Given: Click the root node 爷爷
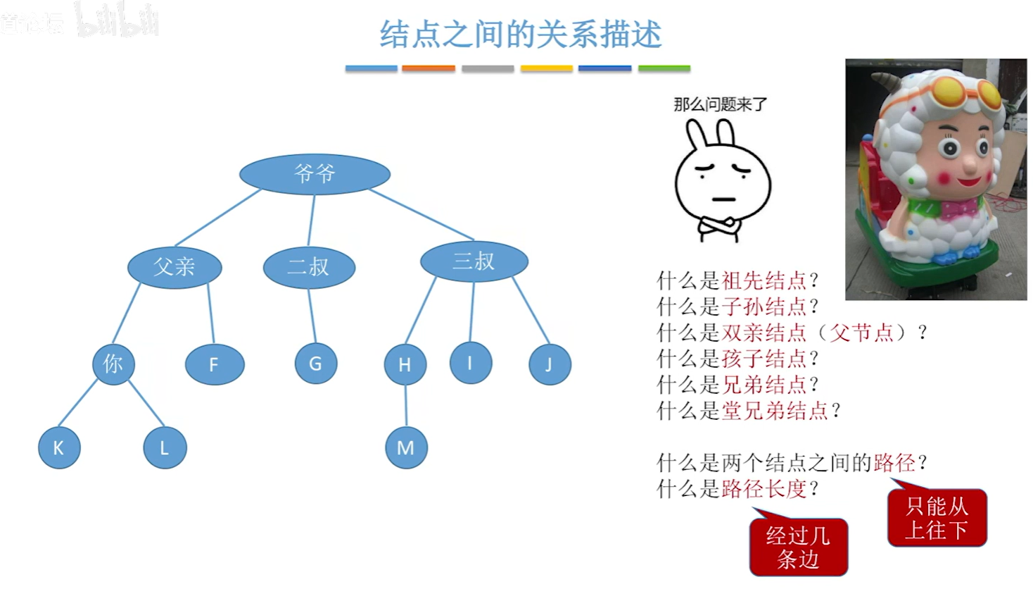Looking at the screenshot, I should [x=315, y=173].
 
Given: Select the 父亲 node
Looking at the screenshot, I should [x=175, y=266].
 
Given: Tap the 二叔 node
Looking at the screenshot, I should [x=309, y=267].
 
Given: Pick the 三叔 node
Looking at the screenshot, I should [x=474, y=261].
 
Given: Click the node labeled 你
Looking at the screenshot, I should [x=113, y=364].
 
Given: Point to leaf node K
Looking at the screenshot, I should [x=59, y=447].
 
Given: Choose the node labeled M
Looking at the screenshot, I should [x=406, y=448].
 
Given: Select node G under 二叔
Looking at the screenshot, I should [x=315, y=364].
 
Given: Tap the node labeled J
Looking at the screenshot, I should [x=549, y=364].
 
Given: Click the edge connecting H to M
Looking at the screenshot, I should [x=406, y=406].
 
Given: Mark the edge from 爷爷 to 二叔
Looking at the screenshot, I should [x=311, y=221].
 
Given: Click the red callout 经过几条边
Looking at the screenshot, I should [x=798, y=547].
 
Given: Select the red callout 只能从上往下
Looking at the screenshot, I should [x=937, y=518].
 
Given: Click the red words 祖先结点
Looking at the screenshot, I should [x=763, y=280].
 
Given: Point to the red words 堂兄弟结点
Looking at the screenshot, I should [x=774, y=411].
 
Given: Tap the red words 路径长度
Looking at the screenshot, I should [x=763, y=489].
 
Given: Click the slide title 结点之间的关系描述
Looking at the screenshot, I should [x=520, y=34].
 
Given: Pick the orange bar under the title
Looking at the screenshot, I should [x=429, y=68].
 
